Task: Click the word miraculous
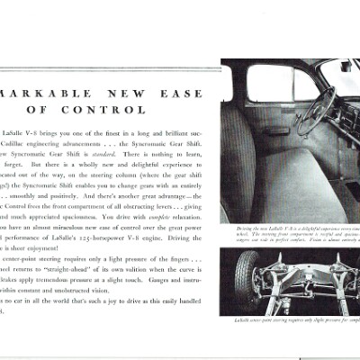[x=71, y=227]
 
